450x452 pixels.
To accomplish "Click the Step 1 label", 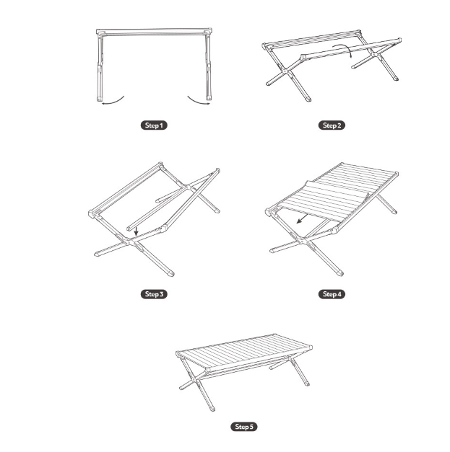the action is tap(154, 125).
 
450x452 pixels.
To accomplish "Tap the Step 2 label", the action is tap(332, 125).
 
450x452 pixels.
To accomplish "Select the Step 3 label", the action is tap(154, 294).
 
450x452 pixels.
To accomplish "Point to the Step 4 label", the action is tap(332, 294).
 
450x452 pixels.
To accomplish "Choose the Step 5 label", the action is tap(243, 427).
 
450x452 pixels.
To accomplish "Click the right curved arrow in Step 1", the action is tap(198, 101).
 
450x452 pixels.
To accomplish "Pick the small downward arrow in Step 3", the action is tap(136, 230).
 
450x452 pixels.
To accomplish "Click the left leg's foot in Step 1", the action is tap(100, 99).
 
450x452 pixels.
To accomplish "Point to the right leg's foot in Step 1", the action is tap(208, 98).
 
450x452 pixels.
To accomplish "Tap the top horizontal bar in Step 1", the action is tap(154, 32).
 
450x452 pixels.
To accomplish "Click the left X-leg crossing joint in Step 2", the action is tap(285, 71).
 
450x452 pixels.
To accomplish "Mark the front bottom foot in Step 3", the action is tap(170, 273).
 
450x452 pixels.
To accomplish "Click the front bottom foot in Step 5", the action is tap(212, 409).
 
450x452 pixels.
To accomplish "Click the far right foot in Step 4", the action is tap(394, 211).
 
